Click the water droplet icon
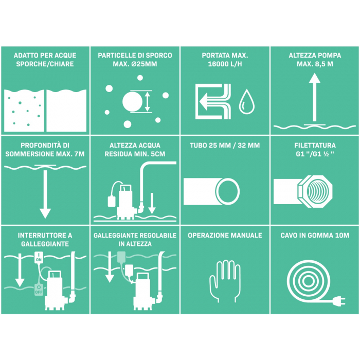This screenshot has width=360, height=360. pos(246,102)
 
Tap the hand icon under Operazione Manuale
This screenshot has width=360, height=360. pos(225,281)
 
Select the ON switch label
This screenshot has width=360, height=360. pos(39,257)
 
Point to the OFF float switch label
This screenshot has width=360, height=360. pos(39,290)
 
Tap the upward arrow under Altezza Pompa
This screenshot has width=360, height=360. pos(315,97)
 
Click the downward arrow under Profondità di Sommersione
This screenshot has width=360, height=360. pos(45,194)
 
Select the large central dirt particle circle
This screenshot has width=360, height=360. pos(132,101)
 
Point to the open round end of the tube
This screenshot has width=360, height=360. pos(227,191)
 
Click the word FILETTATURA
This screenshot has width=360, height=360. pos(315,146)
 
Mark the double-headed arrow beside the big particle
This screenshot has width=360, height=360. pos(148,101)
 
